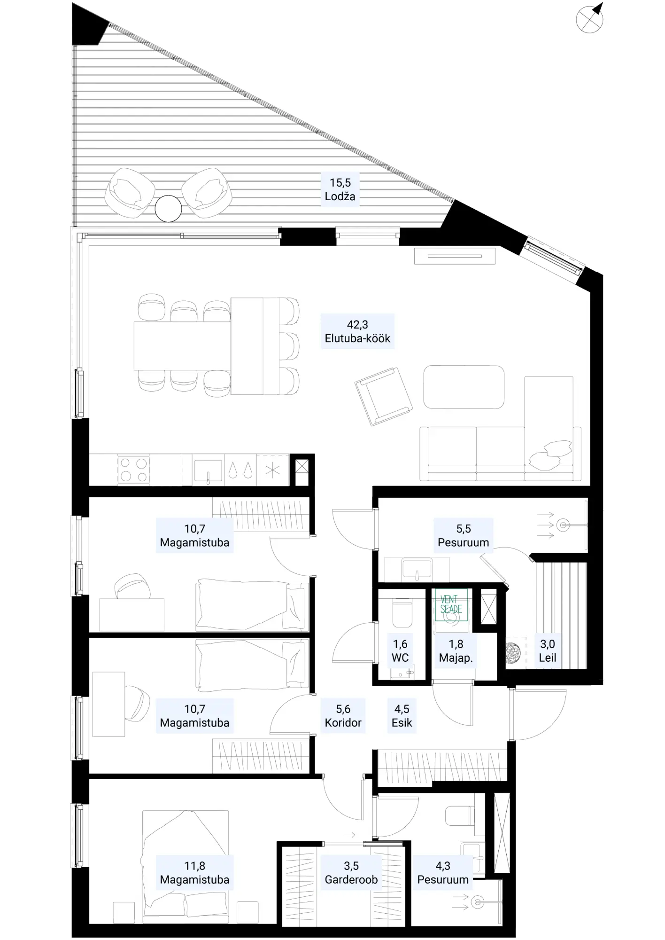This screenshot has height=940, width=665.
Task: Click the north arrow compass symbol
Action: click(x=590, y=18)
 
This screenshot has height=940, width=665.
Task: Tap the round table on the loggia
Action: click(x=168, y=209)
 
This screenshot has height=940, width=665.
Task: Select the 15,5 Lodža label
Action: click(x=340, y=189)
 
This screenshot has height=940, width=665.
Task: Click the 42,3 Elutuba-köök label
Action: click(x=357, y=331)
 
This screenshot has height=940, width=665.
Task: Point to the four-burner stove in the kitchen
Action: click(x=133, y=470)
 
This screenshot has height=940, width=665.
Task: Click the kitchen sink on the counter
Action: click(x=208, y=470)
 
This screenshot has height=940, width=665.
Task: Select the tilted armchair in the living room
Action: click(x=383, y=396)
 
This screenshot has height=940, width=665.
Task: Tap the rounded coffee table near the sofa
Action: click(x=464, y=387)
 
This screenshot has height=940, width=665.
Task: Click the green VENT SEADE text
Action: click(x=451, y=604)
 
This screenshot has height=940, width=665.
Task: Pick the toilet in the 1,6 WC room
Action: click(x=402, y=612)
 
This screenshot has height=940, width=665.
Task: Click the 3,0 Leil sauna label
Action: click(x=548, y=651)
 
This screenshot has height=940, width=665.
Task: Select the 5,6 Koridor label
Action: click(x=343, y=716)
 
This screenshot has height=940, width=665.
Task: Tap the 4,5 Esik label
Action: click(x=402, y=716)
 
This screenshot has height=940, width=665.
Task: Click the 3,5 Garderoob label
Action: click(x=351, y=873)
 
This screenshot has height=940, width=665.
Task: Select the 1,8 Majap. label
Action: click(x=456, y=651)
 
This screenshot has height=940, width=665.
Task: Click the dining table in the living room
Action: click(x=182, y=346)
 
